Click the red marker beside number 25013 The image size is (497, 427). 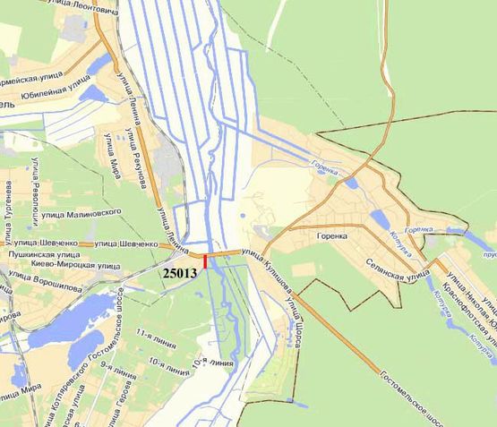(206, 261)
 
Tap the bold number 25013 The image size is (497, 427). (182, 271)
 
